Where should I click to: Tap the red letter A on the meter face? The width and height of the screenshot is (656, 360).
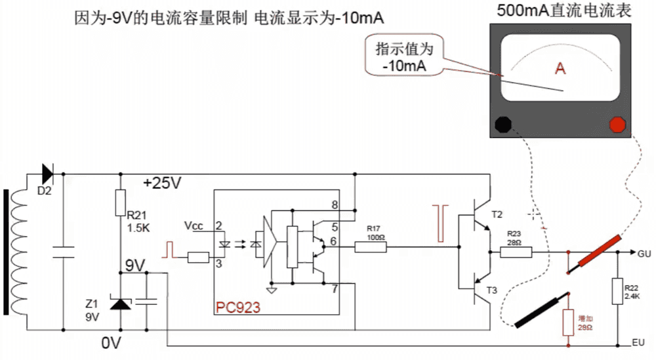560,68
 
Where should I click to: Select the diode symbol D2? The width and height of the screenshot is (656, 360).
47,174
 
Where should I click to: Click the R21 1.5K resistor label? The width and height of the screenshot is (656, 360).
138,221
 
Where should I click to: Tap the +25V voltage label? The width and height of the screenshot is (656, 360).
161,184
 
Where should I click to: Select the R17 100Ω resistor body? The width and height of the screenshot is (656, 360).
371,247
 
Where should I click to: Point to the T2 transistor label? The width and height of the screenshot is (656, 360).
496,214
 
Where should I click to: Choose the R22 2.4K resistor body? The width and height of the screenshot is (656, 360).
617,291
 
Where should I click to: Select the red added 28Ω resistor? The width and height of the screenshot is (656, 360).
569,322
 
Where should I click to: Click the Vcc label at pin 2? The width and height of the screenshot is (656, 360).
194,226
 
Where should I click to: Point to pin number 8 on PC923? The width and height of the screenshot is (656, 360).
335,205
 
